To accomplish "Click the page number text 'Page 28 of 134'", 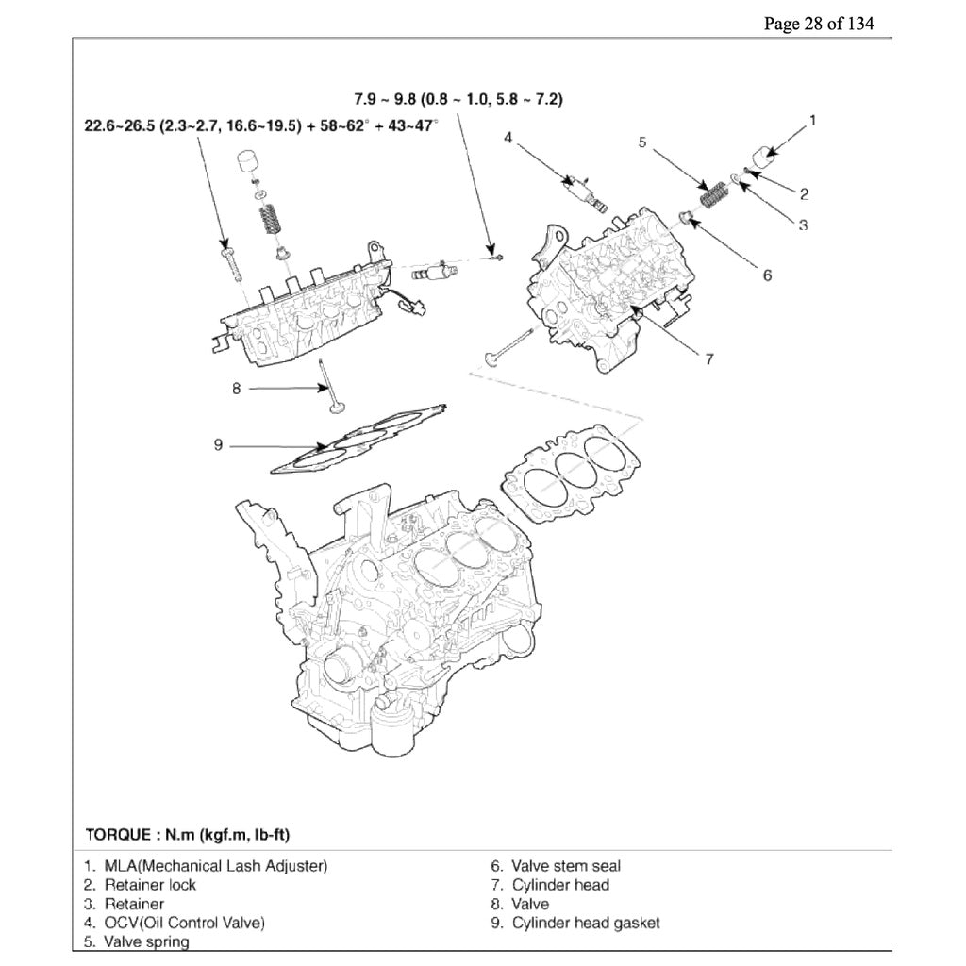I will (x=818, y=24).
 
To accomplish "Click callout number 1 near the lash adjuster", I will (x=813, y=120).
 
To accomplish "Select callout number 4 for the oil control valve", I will (x=508, y=138).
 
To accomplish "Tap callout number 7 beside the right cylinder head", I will (x=708, y=358).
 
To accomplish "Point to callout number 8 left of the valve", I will (x=237, y=387).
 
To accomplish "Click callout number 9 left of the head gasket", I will (x=217, y=444).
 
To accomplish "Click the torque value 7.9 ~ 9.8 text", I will (x=458, y=99).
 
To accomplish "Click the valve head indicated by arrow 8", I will (x=338, y=408).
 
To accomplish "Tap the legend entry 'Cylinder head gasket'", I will (x=585, y=923).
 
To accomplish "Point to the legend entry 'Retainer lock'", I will (x=150, y=885).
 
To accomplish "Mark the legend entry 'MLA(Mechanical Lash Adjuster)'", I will (x=216, y=866).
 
